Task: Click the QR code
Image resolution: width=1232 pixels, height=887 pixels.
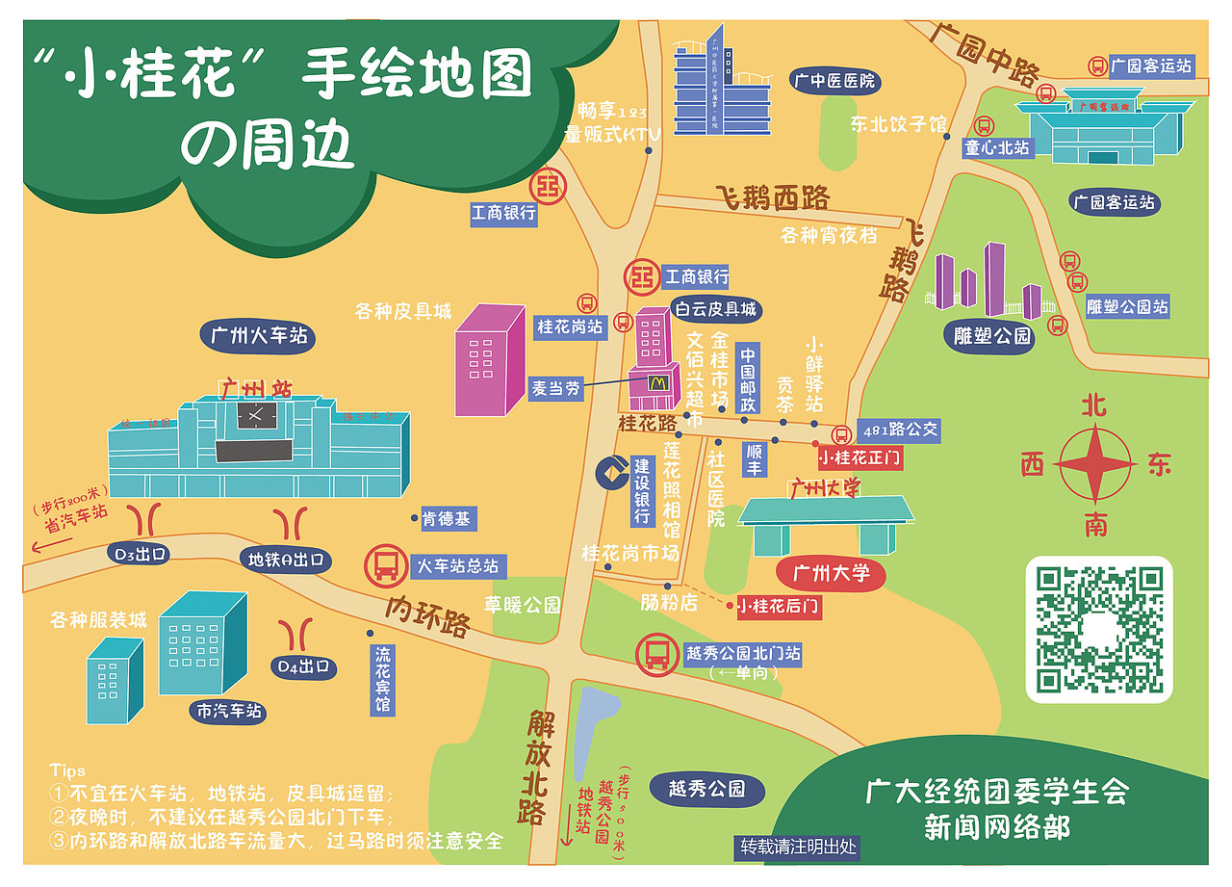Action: coord(1099,630)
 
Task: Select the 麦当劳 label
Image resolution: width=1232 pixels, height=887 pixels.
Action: coord(556,388)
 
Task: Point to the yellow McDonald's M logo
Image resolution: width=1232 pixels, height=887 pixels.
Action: coord(657,382)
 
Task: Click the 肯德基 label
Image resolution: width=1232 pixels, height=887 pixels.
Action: coord(447,519)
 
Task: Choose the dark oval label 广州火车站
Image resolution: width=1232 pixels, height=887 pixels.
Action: coord(260,336)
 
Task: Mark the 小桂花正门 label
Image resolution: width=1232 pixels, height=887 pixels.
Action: coord(859,457)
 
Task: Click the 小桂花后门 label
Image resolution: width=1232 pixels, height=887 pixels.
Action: coord(778,607)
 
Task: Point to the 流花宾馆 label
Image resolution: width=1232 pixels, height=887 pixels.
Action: coord(383,679)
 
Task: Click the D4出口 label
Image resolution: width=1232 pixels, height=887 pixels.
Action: coord(304,665)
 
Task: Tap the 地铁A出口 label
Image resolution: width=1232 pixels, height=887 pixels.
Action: coord(285,560)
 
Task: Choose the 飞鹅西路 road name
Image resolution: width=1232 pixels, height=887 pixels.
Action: coord(772,198)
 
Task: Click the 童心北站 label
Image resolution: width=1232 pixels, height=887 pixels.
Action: coord(997,148)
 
